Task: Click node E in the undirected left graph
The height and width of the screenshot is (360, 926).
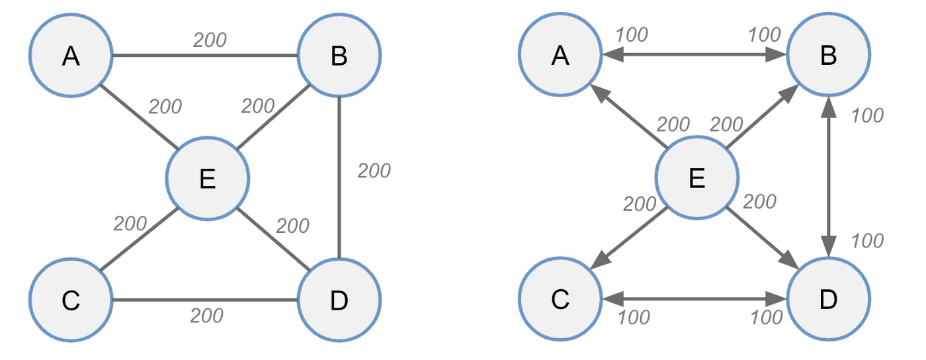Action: (x=208, y=178)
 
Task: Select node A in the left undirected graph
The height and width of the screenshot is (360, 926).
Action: (x=71, y=55)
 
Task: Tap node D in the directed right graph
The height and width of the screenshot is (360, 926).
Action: (x=828, y=298)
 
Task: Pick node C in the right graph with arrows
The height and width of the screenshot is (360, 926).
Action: (x=560, y=298)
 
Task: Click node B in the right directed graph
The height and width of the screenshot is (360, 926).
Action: (x=828, y=54)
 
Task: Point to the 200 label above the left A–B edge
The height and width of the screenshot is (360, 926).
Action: (x=210, y=40)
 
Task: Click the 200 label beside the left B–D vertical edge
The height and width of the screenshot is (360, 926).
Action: (x=374, y=171)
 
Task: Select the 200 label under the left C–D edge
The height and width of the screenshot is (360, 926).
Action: (x=206, y=316)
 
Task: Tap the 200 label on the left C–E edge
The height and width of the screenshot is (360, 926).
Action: (x=130, y=224)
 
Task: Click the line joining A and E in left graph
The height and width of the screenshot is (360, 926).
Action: (x=139, y=116)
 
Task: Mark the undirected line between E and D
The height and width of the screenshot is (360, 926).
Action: (x=273, y=240)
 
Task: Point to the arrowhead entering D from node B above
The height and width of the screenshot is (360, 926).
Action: (x=828, y=247)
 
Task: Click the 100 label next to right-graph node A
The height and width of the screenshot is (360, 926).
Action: (x=632, y=35)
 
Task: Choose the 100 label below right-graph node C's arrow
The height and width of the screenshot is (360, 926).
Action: (x=634, y=318)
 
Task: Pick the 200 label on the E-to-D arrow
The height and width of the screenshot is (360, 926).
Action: (x=759, y=202)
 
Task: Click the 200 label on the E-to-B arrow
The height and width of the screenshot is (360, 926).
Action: (x=726, y=124)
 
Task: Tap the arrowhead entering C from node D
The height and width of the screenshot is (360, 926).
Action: (x=612, y=298)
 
